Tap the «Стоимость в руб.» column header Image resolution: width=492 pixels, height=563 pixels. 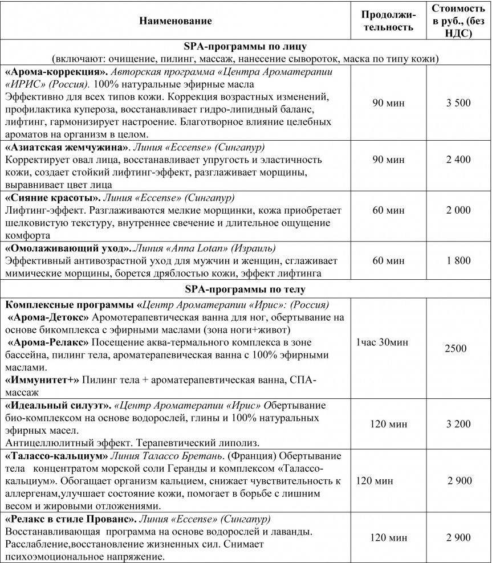(x=458, y=21)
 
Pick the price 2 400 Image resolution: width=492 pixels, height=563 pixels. (x=458, y=160)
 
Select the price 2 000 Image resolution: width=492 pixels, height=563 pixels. (x=458, y=210)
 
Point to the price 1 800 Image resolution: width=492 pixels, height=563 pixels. (x=458, y=261)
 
